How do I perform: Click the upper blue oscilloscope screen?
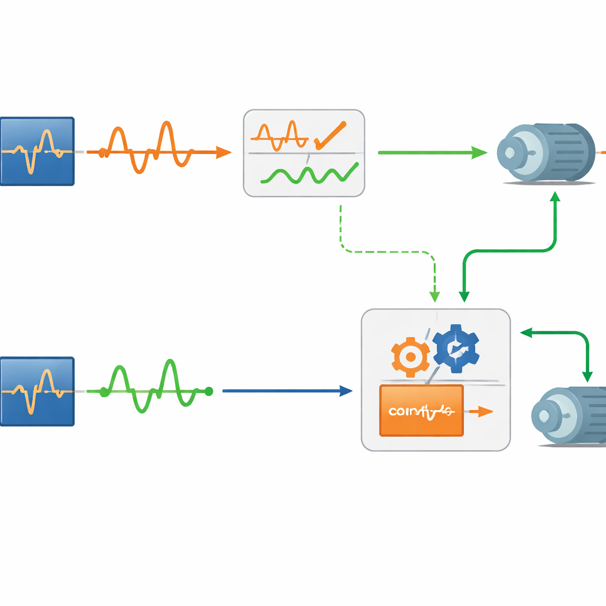click(x=37, y=151)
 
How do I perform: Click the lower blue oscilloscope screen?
click(x=37, y=391)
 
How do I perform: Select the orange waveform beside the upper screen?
click(x=148, y=148)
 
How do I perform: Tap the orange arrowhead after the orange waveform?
click(x=224, y=153)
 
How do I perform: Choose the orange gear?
click(x=410, y=357)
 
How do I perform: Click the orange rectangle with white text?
click(x=421, y=410)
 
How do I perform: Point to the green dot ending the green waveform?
click(x=208, y=391)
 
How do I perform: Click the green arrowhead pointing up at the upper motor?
click(x=555, y=199)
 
